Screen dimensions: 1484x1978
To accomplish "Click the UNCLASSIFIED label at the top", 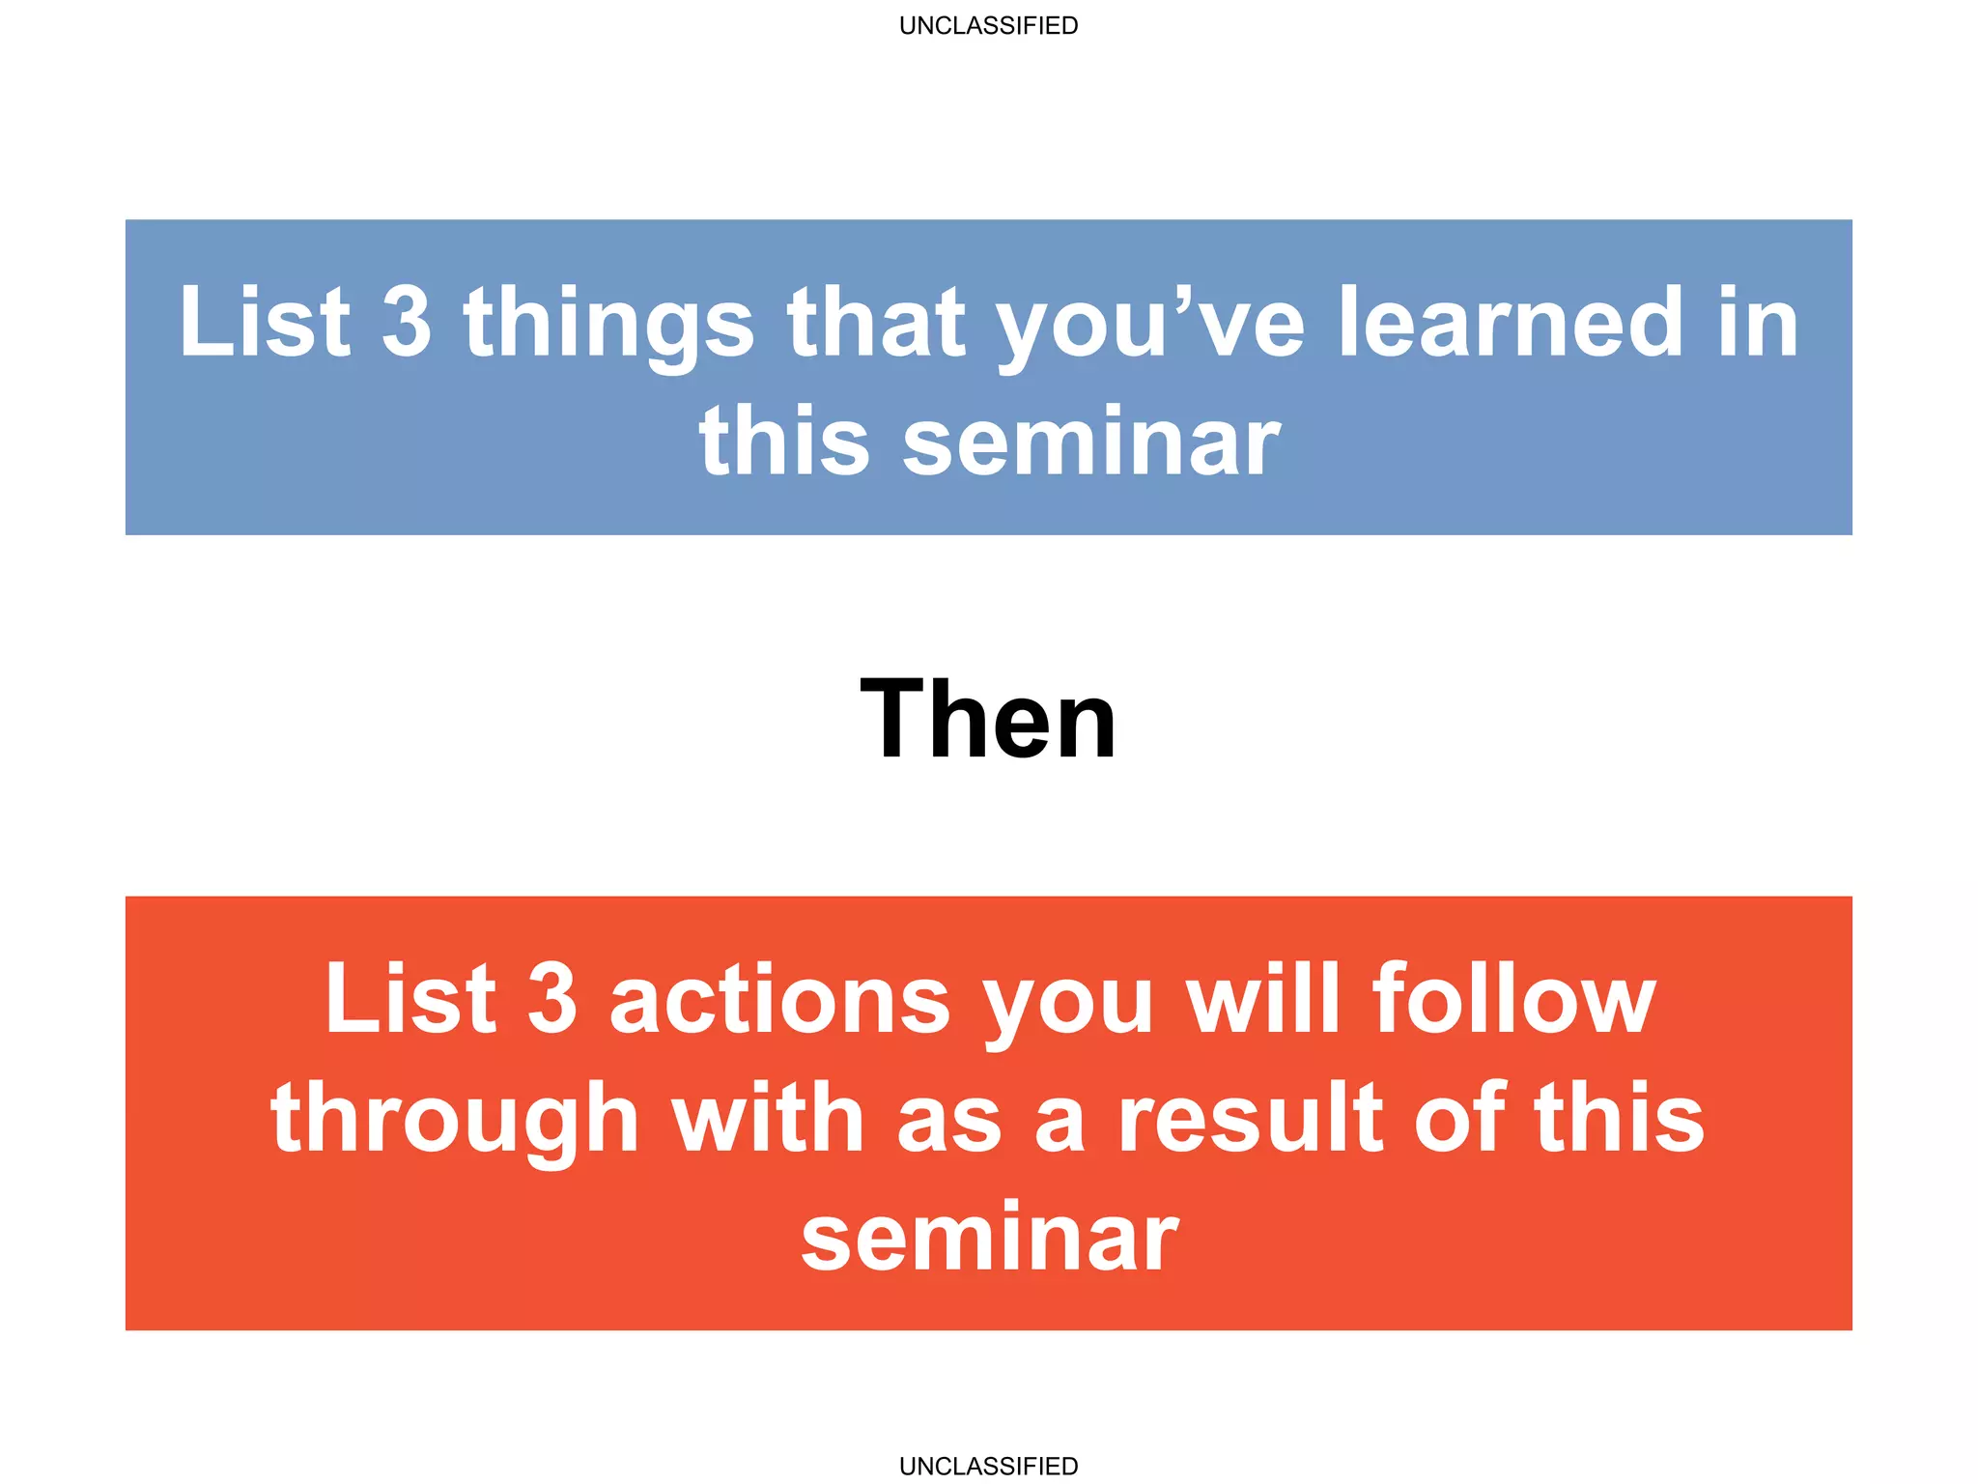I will (x=988, y=25).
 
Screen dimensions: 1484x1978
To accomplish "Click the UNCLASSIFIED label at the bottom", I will (x=988, y=1466).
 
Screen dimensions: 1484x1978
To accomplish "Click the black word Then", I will (x=988, y=720).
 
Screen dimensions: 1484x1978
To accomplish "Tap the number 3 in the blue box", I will (x=407, y=322).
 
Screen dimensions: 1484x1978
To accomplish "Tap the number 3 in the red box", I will (x=552, y=999).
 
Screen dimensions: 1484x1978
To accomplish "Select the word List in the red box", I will (x=410, y=999).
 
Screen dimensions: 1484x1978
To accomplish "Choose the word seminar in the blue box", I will (x=1091, y=442).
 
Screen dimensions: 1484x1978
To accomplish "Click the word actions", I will (x=780, y=1001).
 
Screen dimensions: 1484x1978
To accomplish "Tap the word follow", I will (x=1514, y=999).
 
